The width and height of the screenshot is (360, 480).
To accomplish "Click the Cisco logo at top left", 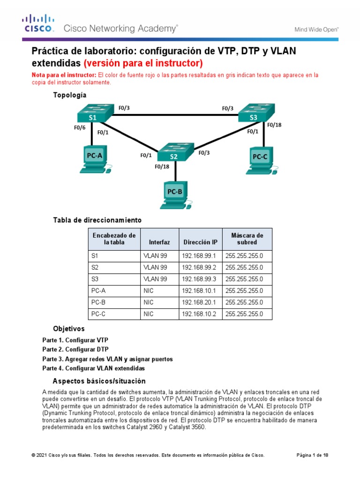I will [x=39, y=23].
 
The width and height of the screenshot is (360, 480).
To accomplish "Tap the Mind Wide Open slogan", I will [x=316, y=29].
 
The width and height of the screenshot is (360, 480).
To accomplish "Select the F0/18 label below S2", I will [x=162, y=166].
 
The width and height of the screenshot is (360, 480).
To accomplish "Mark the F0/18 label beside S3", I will [x=274, y=125].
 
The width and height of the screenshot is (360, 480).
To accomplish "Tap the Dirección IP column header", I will [x=200, y=242].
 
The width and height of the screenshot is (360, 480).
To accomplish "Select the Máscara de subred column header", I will [x=247, y=239].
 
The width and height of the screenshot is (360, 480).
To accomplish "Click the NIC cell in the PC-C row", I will [x=149, y=314].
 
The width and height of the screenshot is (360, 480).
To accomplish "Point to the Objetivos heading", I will [x=69, y=329].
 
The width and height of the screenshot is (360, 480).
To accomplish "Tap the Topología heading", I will [x=70, y=95].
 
